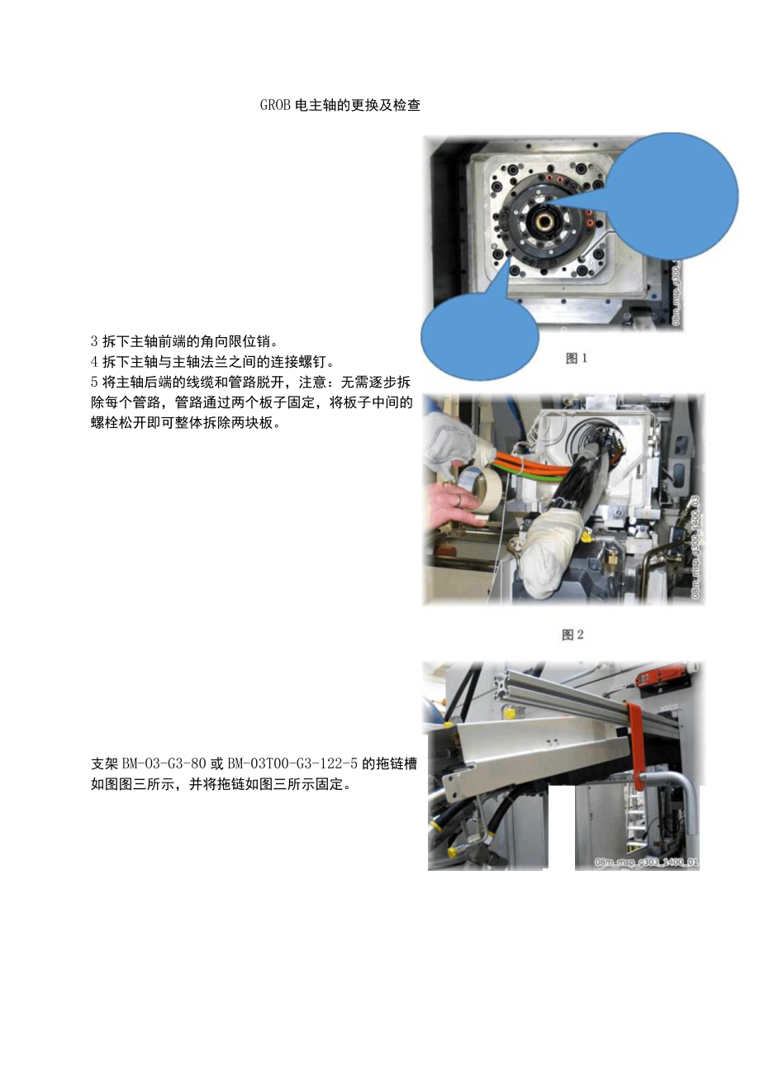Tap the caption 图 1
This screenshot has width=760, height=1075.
576,359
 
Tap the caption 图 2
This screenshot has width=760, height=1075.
572,635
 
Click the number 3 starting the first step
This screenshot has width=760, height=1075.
94,341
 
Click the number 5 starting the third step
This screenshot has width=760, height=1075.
94,382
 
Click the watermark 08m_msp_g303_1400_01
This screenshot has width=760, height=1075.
647,863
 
